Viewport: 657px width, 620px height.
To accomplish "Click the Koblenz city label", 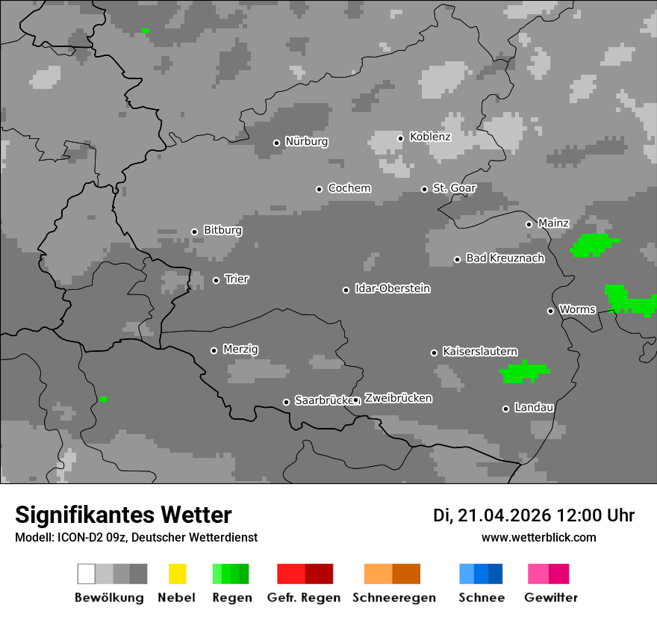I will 430,137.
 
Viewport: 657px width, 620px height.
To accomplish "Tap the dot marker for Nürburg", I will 276,143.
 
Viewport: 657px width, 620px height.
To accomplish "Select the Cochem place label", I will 349,188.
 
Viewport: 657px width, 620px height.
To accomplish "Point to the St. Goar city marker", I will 424,189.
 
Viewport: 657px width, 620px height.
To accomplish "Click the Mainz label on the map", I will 553,223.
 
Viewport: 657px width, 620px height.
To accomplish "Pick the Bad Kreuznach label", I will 505,258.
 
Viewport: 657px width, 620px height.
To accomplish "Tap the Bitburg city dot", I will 194,232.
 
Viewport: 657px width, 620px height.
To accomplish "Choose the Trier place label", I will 237,279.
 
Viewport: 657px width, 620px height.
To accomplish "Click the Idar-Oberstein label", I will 392,288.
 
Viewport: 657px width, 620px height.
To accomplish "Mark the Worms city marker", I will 550,311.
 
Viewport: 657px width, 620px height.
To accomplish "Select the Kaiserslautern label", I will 479,351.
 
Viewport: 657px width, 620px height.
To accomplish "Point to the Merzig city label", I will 240,350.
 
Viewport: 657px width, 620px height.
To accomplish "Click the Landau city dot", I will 505,409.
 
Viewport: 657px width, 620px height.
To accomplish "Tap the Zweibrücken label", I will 398,398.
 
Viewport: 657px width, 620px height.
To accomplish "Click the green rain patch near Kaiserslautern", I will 524,372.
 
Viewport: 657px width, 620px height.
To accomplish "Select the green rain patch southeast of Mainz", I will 594,244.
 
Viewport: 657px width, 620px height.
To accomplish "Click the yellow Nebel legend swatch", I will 177,574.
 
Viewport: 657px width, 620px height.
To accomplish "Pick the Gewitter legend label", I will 550,598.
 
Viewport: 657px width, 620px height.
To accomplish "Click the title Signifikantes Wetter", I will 123,515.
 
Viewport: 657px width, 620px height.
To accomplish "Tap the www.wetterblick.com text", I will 538,537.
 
